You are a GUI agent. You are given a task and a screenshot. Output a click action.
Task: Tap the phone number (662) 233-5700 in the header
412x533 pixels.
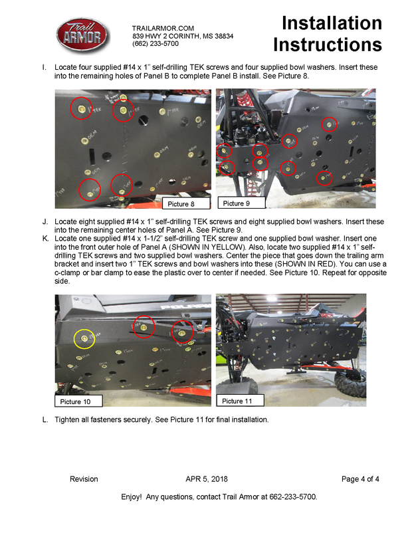155,44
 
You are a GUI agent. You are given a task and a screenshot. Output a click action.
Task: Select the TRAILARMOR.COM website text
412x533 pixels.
163,28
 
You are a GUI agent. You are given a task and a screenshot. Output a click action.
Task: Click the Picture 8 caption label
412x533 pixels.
179,204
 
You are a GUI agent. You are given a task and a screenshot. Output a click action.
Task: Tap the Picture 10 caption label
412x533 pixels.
74,401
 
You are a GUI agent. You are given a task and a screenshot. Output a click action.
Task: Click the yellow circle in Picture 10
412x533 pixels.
84,338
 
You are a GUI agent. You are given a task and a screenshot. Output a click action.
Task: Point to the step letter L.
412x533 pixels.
45,420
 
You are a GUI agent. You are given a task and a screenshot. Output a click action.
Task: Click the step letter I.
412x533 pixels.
44,68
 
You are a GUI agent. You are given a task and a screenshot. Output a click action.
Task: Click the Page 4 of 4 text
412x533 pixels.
360,479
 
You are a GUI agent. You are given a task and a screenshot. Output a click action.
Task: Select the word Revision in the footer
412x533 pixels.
84,479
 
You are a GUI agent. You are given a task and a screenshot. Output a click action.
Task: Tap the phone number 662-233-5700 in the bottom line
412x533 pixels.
289,496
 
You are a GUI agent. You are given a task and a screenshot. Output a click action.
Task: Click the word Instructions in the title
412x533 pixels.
328,45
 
